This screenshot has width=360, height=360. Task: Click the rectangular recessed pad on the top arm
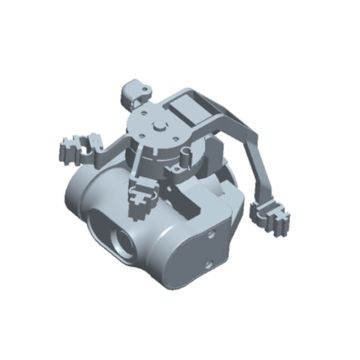192,105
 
